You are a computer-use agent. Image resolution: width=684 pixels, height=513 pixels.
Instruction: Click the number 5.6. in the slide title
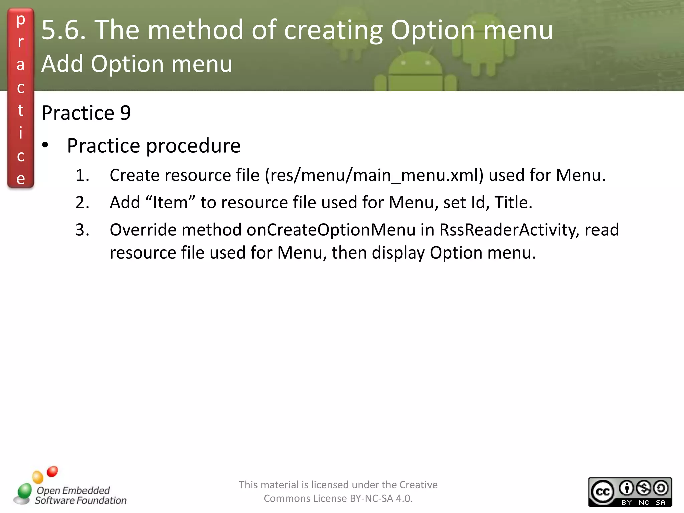(x=64, y=30)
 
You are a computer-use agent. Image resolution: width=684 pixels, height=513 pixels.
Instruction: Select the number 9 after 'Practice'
(x=125, y=113)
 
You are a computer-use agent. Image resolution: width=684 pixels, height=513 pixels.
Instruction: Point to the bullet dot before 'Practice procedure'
(x=45, y=145)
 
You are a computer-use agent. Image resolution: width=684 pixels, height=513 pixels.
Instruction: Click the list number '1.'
(x=82, y=175)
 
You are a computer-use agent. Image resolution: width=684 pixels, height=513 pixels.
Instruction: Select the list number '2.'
(x=82, y=203)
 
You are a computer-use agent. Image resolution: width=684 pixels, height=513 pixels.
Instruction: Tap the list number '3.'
(x=82, y=230)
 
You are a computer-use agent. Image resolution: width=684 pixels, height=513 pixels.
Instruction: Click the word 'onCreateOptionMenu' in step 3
(x=331, y=230)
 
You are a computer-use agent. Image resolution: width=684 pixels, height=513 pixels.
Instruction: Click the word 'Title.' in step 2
(x=513, y=202)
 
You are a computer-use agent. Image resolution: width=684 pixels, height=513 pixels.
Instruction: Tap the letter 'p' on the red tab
(x=21, y=20)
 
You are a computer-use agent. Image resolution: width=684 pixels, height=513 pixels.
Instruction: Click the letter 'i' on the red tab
(x=21, y=133)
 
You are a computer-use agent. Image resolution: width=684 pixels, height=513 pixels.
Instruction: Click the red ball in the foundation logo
(x=52, y=471)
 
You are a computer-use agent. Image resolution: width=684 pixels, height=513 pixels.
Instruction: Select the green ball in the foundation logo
(x=24, y=491)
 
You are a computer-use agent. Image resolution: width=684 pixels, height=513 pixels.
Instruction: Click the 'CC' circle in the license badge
(x=603, y=492)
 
